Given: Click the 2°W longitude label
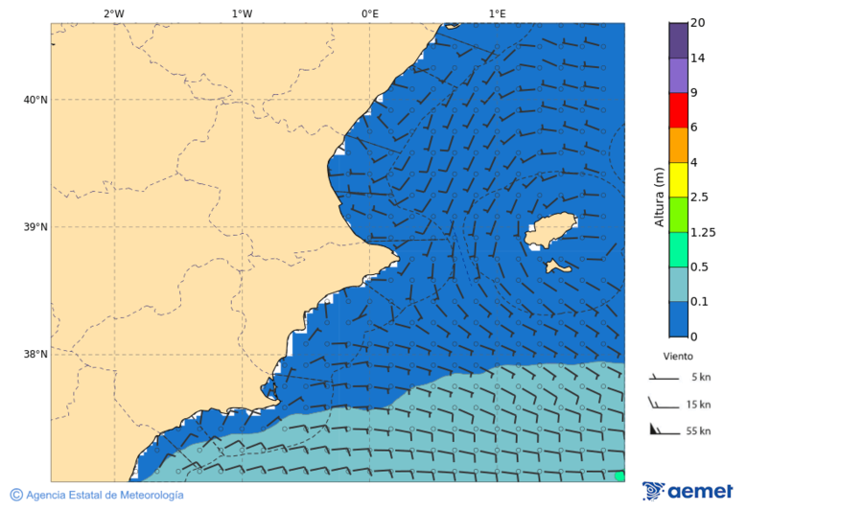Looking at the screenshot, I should pos(113,13).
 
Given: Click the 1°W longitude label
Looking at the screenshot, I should pos(242,13).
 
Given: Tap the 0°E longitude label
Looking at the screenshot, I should pos(369,13).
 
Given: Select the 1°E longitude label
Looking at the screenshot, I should pos(497,13).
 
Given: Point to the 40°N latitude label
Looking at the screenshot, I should pos(35,100).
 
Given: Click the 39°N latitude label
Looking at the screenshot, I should pos(35,227).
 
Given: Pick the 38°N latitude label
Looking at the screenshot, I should pos(35,354).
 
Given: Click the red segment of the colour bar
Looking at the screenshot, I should pos(679,110).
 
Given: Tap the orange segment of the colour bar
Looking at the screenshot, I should pos(679,145).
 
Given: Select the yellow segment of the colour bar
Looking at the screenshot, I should pos(679,179).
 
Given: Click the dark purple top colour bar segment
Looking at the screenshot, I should pos(679,40).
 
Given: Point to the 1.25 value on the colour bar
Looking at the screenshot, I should pos(703,232).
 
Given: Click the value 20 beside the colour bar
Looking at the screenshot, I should pos(697,23).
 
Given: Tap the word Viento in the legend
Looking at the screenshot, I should pos(678,356).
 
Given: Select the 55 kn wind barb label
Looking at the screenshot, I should pos(698,431).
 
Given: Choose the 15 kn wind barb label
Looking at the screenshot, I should pos(698,405).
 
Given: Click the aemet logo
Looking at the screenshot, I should pos(688,492).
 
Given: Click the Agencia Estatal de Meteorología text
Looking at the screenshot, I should pos(104,495).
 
